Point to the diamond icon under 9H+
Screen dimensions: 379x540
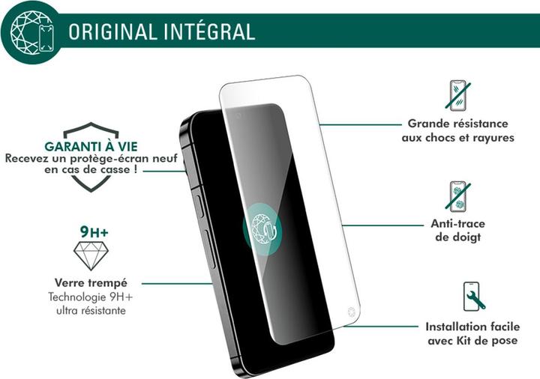pos(91,255)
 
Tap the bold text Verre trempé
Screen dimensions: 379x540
pos(91,283)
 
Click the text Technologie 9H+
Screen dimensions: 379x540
pos(91,297)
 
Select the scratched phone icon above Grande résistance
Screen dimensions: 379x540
pos(460,95)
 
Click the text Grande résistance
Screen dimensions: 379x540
pos(457,124)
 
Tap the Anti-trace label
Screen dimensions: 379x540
pos(457,224)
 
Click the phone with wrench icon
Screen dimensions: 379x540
pos(473,297)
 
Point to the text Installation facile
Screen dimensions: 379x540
pos(472,327)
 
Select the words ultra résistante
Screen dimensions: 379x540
pos(91,310)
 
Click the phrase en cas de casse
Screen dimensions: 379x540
pos(91,171)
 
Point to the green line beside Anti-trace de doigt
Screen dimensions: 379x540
pos(383,224)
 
